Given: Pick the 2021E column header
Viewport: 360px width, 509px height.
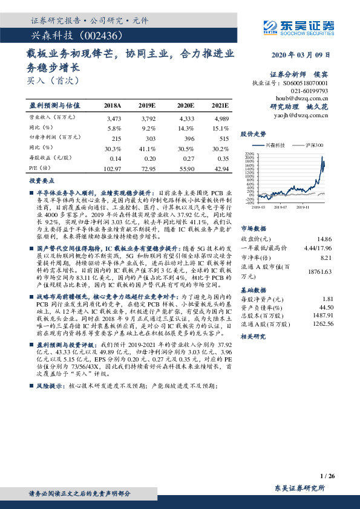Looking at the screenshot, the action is coord(220,105).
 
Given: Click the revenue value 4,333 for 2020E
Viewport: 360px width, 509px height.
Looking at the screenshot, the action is coord(186,118).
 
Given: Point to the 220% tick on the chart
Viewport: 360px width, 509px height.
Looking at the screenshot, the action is coord(249,155).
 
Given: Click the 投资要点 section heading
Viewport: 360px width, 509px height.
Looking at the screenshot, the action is coord(41,181).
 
